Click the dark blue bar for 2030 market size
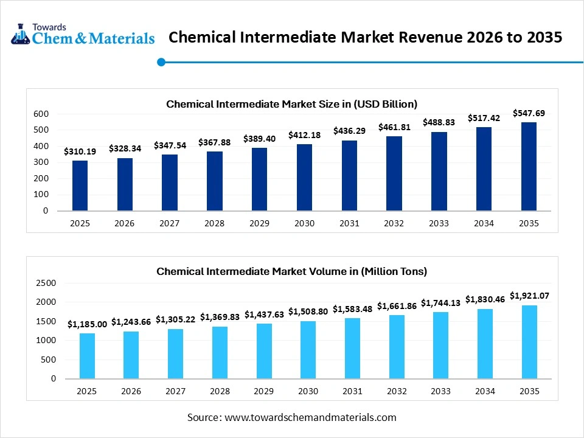click(304, 178)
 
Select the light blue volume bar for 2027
click(175, 353)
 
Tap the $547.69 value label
click(528, 113)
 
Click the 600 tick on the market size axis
click(41, 114)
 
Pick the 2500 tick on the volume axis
click(46, 283)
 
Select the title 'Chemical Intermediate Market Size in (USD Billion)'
click(291, 104)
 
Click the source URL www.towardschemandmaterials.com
click(310, 417)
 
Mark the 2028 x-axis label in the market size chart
click(214, 223)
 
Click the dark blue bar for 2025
click(80, 186)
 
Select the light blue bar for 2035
click(529, 342)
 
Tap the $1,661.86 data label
click(397, 306)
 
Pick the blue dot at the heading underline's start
click(161, 61)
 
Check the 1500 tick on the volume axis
click(46, 321)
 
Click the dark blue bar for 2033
click(439, 172)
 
